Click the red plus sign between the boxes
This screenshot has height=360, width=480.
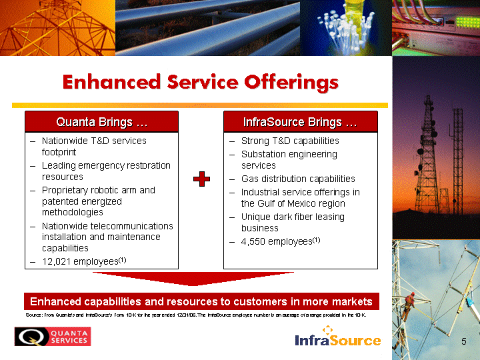[201, 179]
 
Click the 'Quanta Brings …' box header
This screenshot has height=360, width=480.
[101, 122]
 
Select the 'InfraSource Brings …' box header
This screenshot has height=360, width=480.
[300, 122]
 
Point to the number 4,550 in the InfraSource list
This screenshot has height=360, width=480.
[253, 241]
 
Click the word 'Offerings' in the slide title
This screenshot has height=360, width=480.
[291, 83]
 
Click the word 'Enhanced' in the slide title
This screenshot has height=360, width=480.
[111, 82]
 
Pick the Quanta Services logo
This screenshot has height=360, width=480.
[53, 337]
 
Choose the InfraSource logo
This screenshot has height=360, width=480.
[338, 336]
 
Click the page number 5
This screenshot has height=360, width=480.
[464, 341]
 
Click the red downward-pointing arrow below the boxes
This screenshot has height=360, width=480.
[193, 279]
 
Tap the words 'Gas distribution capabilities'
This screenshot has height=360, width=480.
[298, 179]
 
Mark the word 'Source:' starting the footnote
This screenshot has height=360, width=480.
[34, 315]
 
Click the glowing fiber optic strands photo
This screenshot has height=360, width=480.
[346, 27]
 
